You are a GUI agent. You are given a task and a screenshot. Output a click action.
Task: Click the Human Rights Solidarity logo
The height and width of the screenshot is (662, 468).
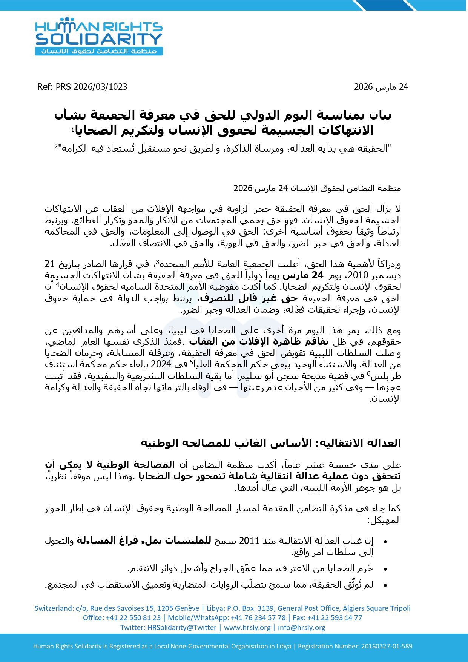99,37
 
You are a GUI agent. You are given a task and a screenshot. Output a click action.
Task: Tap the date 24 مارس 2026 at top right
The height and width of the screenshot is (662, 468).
381,87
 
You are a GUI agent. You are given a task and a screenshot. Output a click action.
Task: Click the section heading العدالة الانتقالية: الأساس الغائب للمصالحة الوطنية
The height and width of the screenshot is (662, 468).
271,443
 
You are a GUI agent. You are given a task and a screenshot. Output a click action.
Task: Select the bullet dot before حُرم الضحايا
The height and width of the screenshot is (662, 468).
385,569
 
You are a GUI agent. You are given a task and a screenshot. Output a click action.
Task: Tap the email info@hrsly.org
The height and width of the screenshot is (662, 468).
302,627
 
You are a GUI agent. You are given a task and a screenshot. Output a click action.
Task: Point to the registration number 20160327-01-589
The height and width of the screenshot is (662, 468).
387,646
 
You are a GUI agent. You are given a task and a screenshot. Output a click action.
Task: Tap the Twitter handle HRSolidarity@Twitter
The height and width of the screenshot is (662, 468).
182,627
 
